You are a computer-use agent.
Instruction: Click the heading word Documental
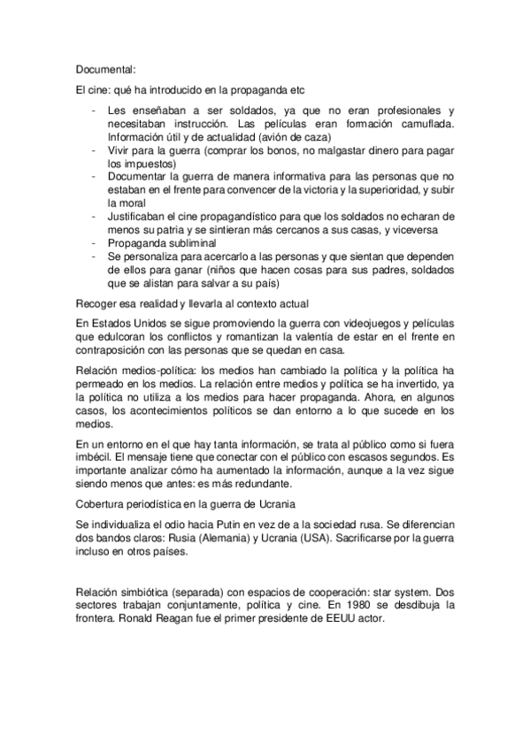[x=105, y=67]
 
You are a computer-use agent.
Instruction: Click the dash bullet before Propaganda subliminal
[x=94, y=243]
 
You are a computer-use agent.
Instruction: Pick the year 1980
[x=364, y=604]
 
